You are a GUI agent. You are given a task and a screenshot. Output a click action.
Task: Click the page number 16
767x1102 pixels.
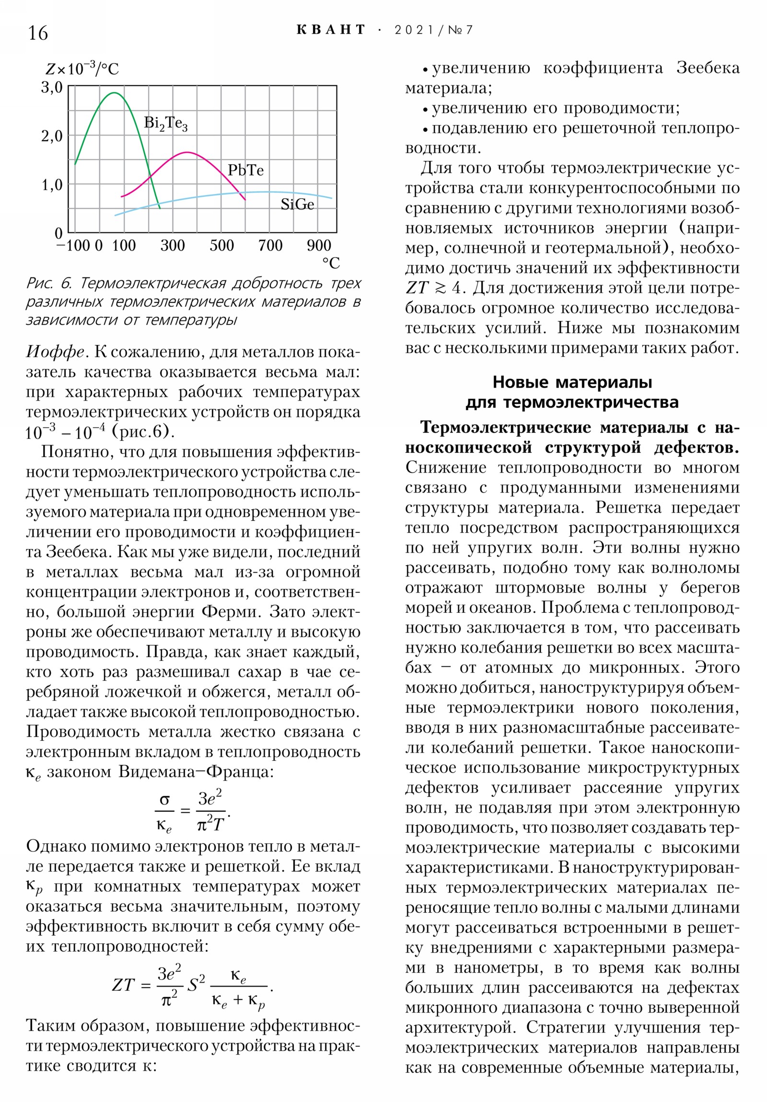(x=38, y=33)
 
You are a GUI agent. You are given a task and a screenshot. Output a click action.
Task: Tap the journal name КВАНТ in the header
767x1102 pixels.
(x=331, y=30)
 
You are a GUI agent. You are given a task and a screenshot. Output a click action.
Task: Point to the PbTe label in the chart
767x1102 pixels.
(x=245, y=171)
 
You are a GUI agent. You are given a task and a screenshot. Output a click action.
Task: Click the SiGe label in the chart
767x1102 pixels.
(x=297, y=205)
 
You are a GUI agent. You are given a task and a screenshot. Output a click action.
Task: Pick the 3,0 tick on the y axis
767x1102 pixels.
(x=52, y=87)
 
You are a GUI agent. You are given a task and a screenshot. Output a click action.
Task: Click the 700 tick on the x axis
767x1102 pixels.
(x=270, y=246)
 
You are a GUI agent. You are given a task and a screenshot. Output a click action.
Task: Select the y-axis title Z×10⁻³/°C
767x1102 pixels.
(x=82, y=69)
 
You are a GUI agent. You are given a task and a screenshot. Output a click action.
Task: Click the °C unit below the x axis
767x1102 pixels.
(x=330, y=263)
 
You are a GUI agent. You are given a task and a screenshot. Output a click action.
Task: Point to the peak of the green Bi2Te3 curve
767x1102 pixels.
(x=114, y=92)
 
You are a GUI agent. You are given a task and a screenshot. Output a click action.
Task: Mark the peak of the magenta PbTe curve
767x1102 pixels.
(x=187, y=153)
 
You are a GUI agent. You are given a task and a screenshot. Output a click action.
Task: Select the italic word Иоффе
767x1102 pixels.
(x=55, y=352)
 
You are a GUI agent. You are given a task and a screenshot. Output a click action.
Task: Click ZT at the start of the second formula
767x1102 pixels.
(x=123, y=985)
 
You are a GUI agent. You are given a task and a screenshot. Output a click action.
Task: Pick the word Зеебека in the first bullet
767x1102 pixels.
(x=708, y=68)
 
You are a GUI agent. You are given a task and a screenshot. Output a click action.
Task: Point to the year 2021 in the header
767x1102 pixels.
(x=414, y=30)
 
